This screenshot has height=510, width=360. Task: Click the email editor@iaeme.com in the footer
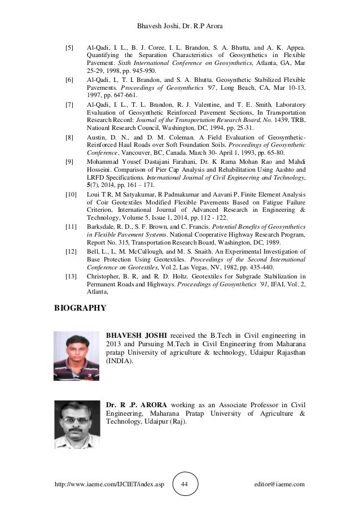pyautogui.click(x=280, y=484)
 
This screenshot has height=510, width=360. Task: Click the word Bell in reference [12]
pyautogui.click(x=93, y=251)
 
